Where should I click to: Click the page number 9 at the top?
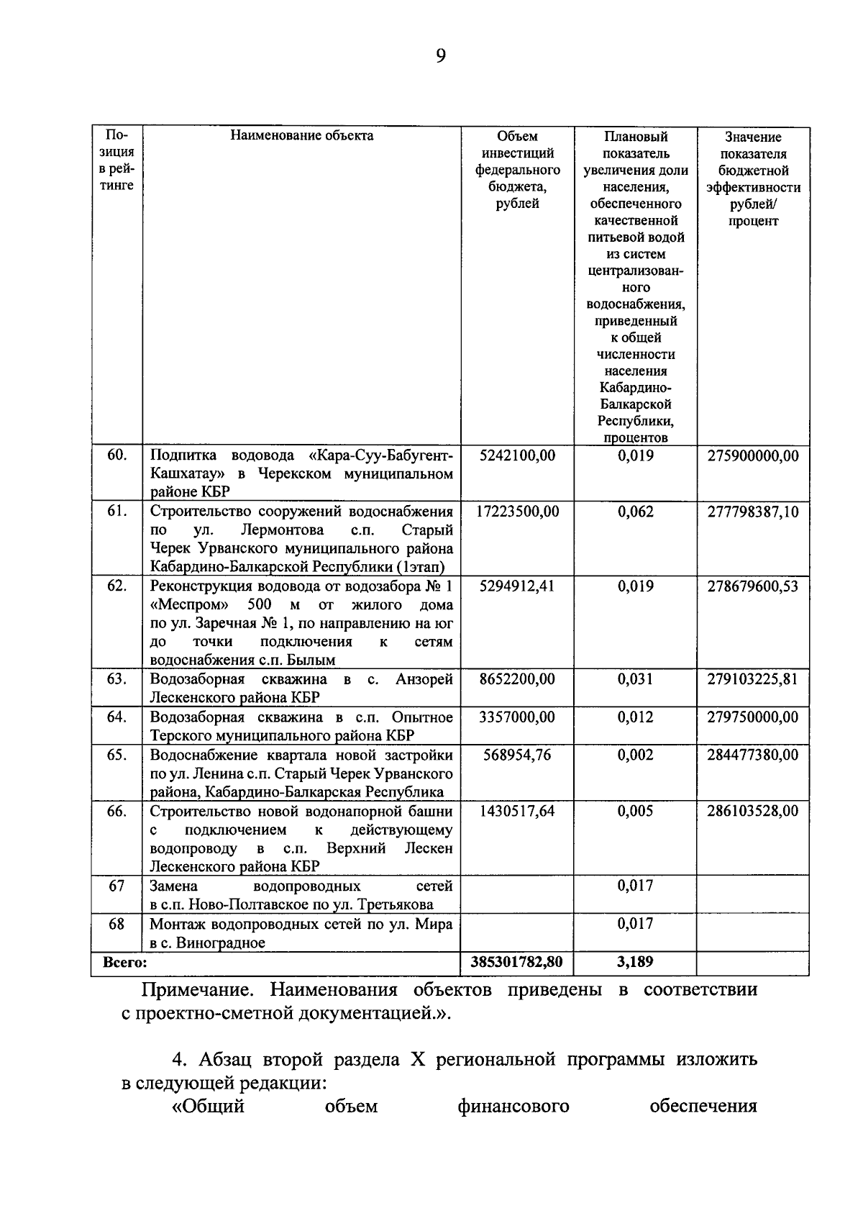[440, 55]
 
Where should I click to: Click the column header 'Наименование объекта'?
[302, 135]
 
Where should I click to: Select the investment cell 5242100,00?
[517, 455]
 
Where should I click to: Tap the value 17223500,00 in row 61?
[517, 512]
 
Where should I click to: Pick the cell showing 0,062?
[635, 512]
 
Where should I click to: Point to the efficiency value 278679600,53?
[753, 586]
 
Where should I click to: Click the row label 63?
[117, 679]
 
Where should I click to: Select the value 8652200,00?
[517, 679]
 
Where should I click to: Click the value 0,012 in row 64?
[635, 717]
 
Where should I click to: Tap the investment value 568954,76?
[517, 755]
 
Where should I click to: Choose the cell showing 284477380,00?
[753, 755]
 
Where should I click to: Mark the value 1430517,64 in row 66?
[517, 811]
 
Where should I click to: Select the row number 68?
[117, 924]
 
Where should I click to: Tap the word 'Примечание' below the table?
[196, 990]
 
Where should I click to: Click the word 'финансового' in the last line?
[513, 1106]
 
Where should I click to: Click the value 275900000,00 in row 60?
[753, 455]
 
